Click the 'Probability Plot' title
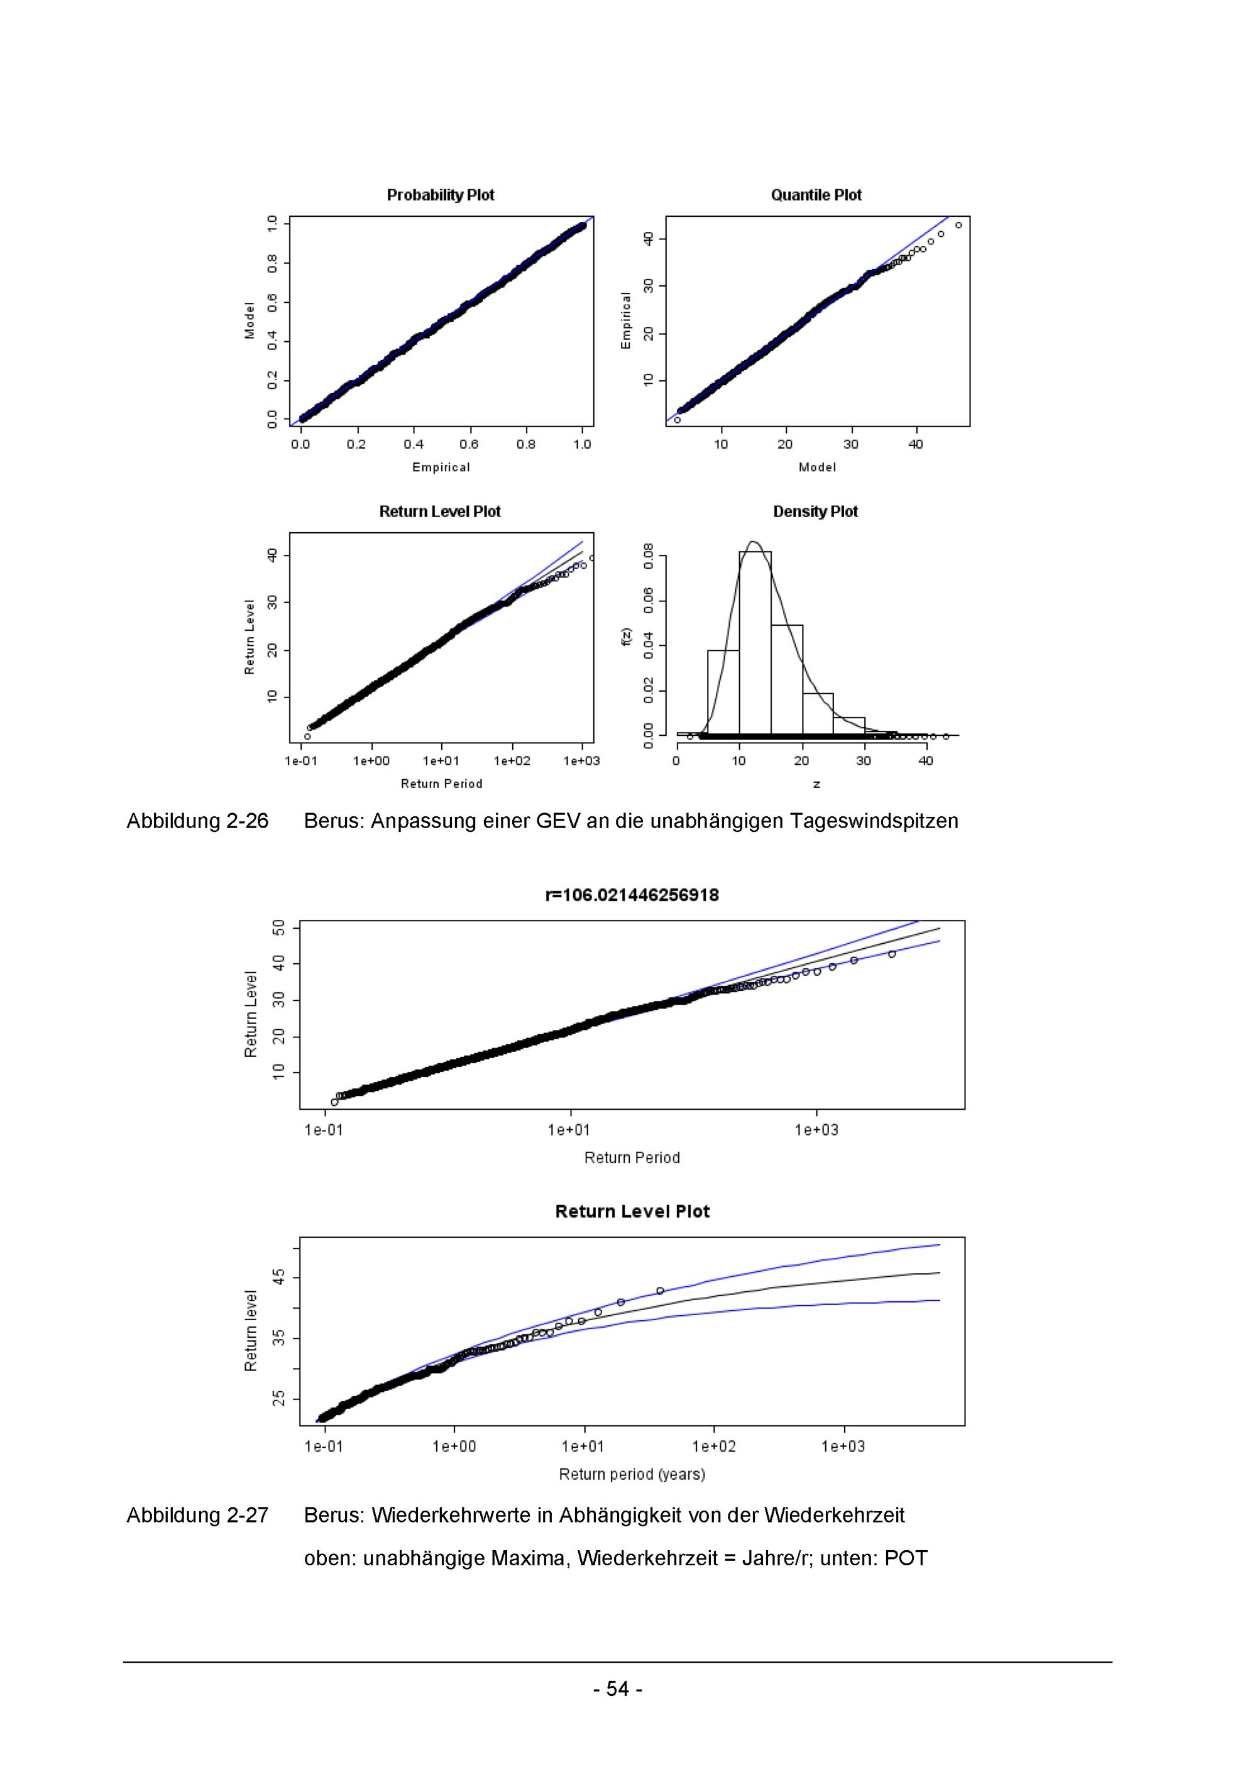click(441, 195)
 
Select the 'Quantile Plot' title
click(816, 195)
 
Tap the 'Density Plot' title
click(815, 511)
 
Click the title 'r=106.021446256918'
click(632, 895)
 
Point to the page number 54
click(617, 1689)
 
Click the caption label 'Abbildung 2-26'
click(197, 821)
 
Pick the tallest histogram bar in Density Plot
click(755, 642)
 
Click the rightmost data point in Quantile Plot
click(958, 225)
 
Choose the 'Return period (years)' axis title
click(632, 1474)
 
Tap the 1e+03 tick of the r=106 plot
click(816, 1130)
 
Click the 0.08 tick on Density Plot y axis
click(649, 555)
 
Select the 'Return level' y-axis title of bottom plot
click(251, 1331)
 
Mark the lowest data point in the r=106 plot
click(334, 1102)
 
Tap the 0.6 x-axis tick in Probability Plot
click(469, 444)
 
